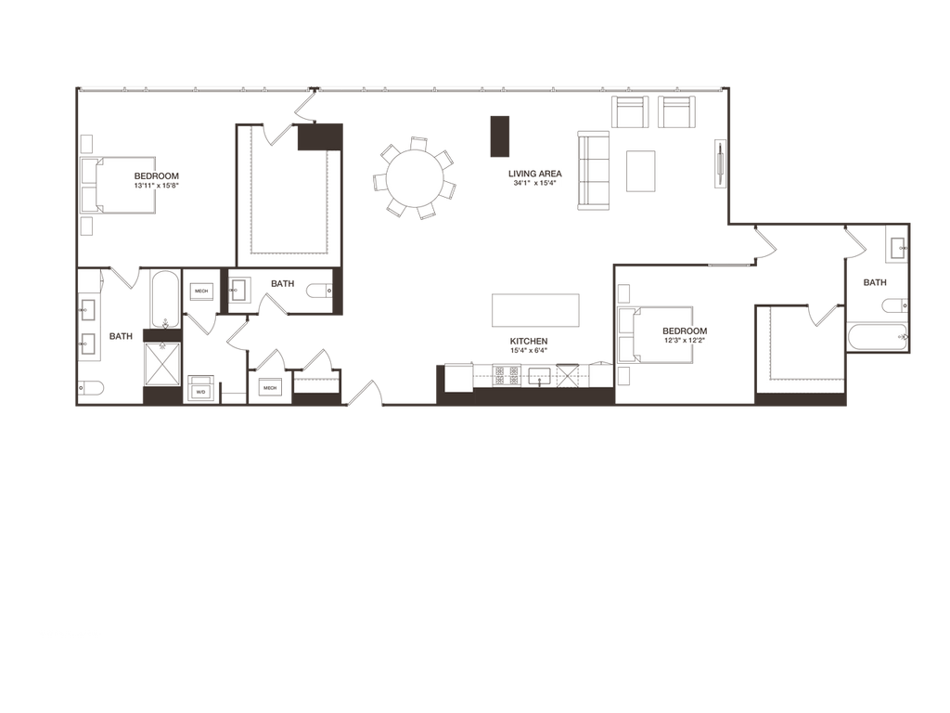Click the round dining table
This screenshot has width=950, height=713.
(x=414, y=177)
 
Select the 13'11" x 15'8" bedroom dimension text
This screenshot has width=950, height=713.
(x=156, y=186)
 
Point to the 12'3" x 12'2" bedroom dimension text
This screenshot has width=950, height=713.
(x=685, y=341)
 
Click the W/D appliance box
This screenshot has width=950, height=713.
(x=201, y=391)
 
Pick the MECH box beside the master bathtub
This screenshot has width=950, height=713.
(x=201, y=292)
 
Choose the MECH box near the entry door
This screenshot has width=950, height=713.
(x=270, y=388)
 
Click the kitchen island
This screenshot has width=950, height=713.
(x=535, y=309)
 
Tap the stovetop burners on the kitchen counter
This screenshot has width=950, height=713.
(x=506, y=375)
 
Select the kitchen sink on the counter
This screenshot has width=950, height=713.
(x=538, y=375)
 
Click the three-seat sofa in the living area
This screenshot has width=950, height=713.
(x=595, y=171)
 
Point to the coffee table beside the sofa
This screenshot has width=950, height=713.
(x=640, y=171)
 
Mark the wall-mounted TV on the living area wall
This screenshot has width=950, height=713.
(x=719, y=163)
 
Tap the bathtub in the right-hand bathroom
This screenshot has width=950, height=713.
(x=877, y=337)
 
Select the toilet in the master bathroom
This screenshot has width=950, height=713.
(x=94, y=389)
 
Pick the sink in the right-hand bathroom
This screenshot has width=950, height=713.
(x=896, y=247)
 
